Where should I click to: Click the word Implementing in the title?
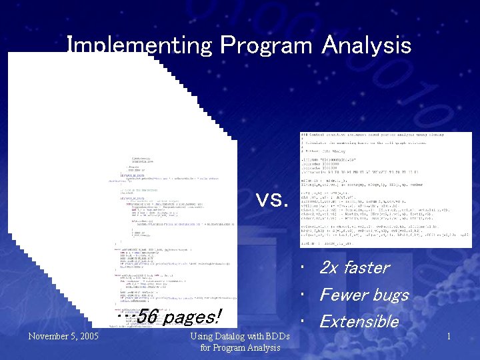139,45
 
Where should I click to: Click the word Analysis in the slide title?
366,45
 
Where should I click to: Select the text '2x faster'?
354,267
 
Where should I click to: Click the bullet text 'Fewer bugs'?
363,294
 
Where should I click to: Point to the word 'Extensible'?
359,321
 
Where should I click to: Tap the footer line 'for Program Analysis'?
240,348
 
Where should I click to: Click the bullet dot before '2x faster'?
303,268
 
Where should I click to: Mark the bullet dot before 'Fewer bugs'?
303,295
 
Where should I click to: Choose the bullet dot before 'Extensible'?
303,322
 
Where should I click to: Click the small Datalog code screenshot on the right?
385,190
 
